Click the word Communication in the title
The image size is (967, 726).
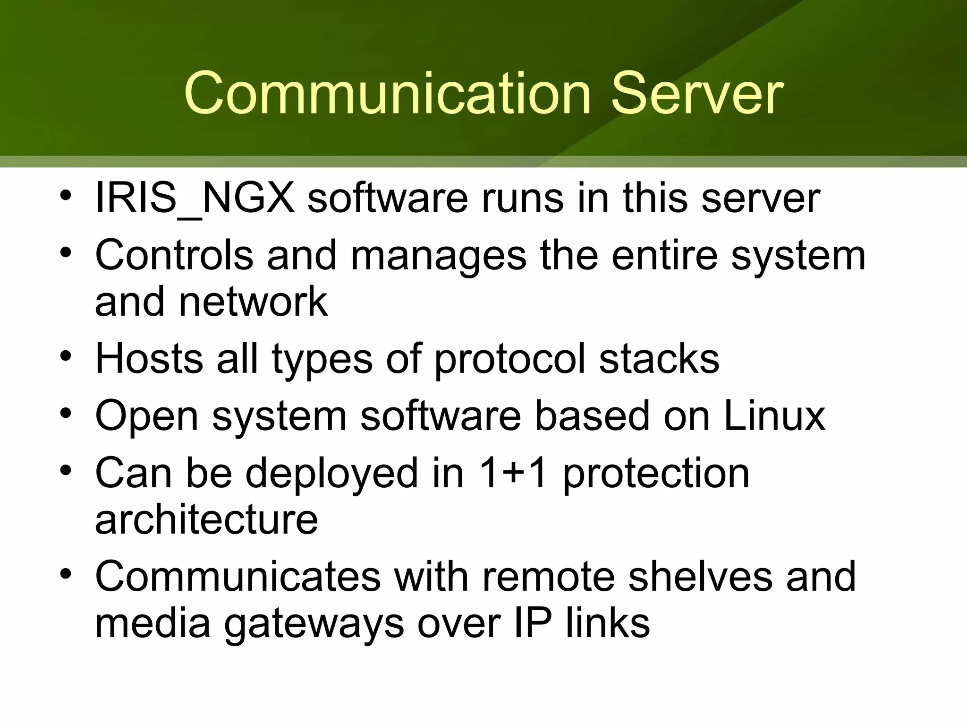point(387,93)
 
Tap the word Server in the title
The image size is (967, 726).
point(697,93)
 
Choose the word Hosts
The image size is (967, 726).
point(149,359)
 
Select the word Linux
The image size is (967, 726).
point(774,416)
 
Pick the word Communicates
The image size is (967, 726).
point(238,577)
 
